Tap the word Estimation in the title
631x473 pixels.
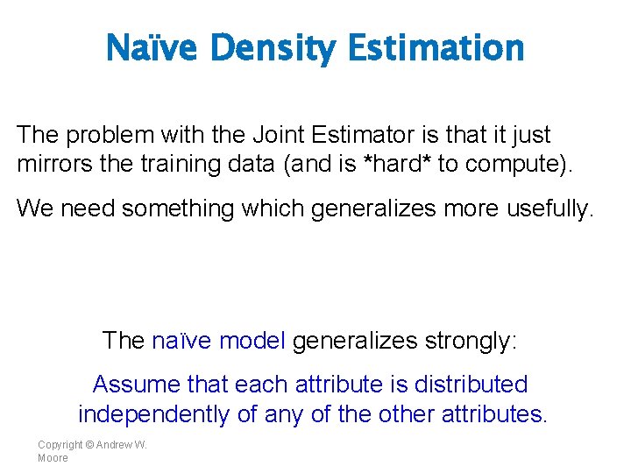click(436, 48)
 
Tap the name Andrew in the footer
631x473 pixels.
click(114, 444)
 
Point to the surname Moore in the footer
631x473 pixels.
click(53, 457)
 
